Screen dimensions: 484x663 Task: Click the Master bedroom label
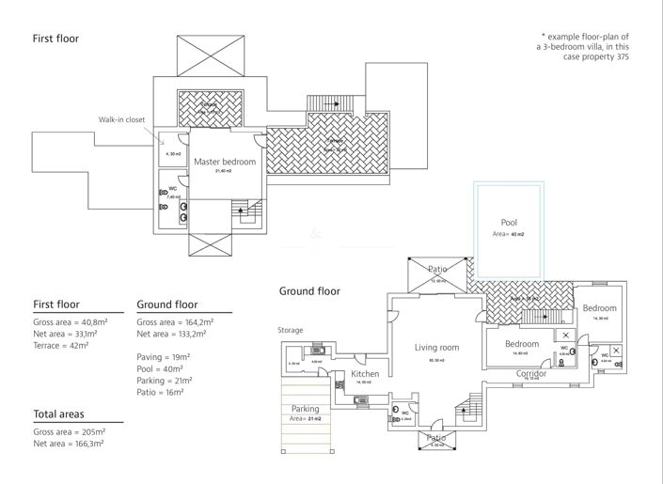[225, 162]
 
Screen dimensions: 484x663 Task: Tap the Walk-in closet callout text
[122, 119]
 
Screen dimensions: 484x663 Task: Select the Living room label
[436, 348]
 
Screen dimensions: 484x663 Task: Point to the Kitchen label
[365, 374]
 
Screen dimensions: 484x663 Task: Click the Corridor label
[531, 373]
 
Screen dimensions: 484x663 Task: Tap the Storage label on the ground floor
[291, 330]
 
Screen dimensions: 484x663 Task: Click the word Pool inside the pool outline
[509, 223]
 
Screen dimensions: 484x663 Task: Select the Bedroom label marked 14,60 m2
[521, 344]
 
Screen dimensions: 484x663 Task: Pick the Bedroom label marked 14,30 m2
[598, 308]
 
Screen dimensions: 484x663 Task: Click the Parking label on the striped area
[305, 409]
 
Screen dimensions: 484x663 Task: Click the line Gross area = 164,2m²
[175, 322]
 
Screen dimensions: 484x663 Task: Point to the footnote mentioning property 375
[582, 46]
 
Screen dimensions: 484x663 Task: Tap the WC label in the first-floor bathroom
[173, 188]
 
